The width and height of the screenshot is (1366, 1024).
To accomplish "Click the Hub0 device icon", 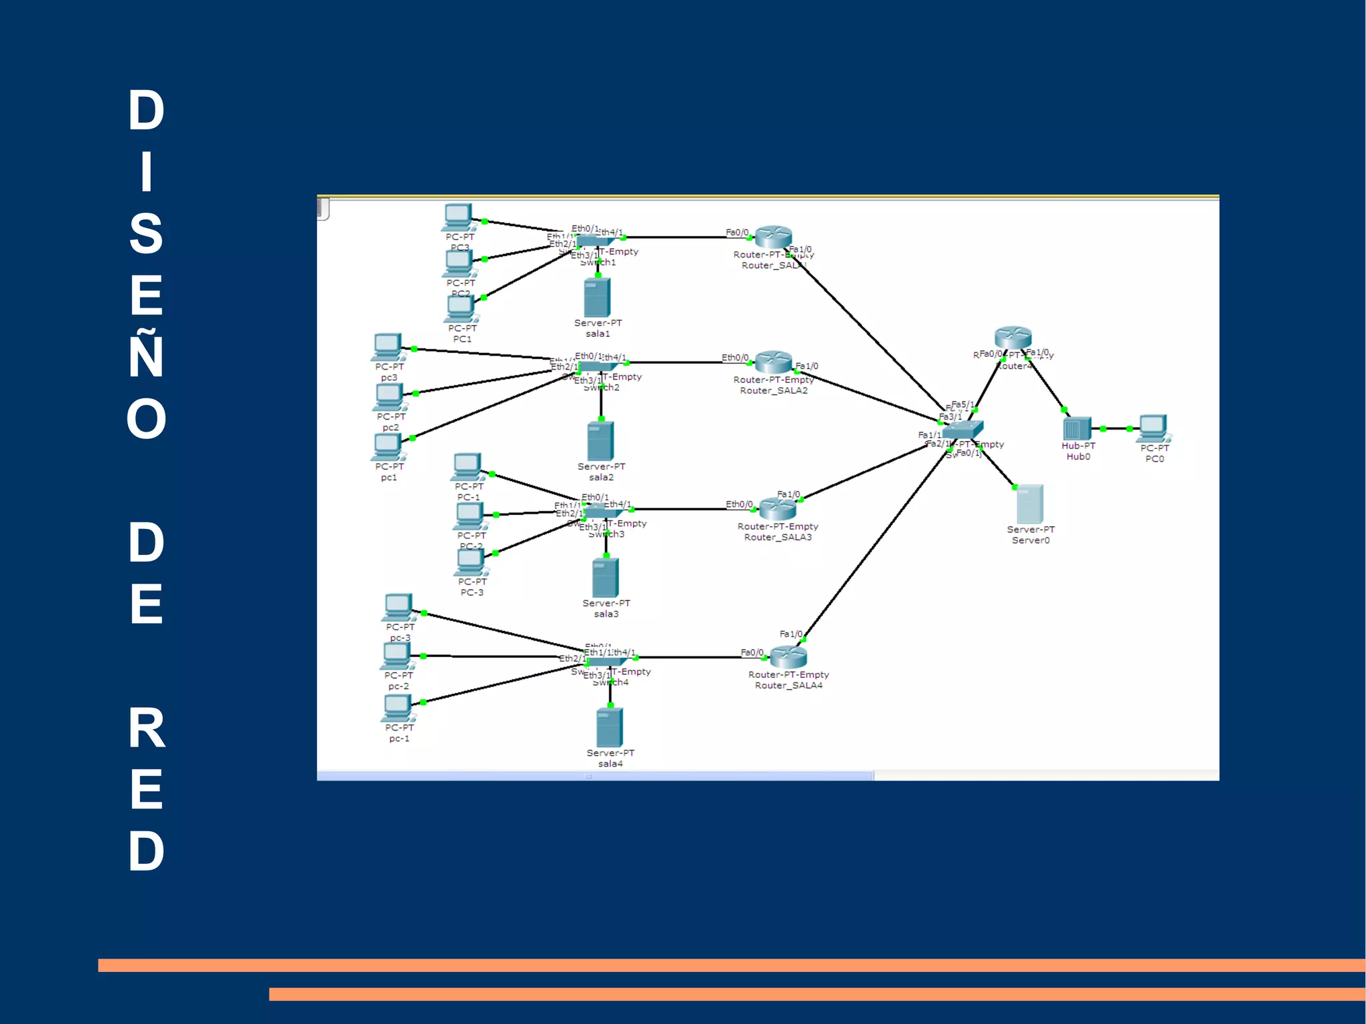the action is point(1077,428).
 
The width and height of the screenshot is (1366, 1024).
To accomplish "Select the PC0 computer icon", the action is point(1153,427).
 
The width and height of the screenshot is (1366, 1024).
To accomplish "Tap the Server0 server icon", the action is point(1029,504).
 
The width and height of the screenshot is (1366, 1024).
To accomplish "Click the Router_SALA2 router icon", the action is point(774,362).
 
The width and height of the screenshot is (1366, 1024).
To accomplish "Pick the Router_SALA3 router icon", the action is point(778,509).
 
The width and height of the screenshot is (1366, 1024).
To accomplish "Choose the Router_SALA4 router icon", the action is point(788,657).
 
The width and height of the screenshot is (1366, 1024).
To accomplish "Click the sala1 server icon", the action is point(597,298).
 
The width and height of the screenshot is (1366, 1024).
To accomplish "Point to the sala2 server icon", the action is point(600,441).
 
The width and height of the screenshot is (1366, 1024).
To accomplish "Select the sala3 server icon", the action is point(605,578).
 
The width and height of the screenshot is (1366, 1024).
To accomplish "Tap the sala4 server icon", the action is point(610,727).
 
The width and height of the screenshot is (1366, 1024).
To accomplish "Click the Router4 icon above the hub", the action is point(1012,338).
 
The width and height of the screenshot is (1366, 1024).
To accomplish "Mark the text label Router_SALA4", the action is point(788,685).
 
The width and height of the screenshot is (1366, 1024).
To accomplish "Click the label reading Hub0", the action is point(1078,457).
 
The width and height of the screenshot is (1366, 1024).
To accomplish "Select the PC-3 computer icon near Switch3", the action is point(471,562).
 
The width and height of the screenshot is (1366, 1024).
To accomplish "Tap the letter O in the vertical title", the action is point(146,419).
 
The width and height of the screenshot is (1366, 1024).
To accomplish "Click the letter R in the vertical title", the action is point(146,728).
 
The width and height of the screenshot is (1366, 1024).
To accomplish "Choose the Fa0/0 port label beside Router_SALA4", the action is point(752,652).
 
